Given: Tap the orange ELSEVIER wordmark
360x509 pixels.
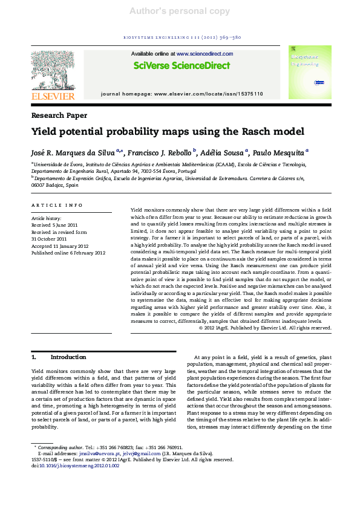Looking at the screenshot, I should tap(53, 96).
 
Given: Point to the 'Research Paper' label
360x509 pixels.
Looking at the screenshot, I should tap(59, 115).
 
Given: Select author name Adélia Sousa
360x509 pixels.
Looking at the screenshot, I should tap(223, 152).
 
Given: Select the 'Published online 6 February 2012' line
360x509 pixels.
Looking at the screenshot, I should tap(68, 253).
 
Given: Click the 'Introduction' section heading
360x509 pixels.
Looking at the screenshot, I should tap(68, 357).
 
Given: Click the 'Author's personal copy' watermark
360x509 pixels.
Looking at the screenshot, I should tap(180, 11).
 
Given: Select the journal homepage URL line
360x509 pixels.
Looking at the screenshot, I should tap(182, 94).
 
